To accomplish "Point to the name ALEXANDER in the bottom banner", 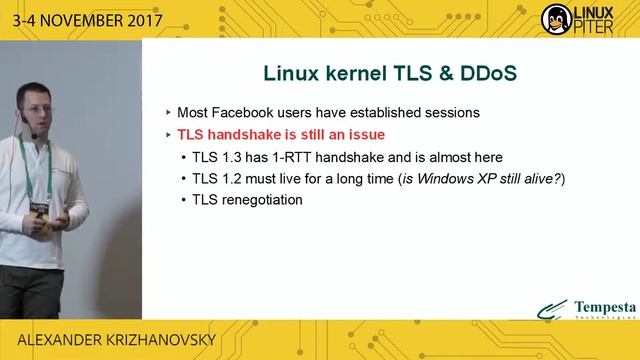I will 46,341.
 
